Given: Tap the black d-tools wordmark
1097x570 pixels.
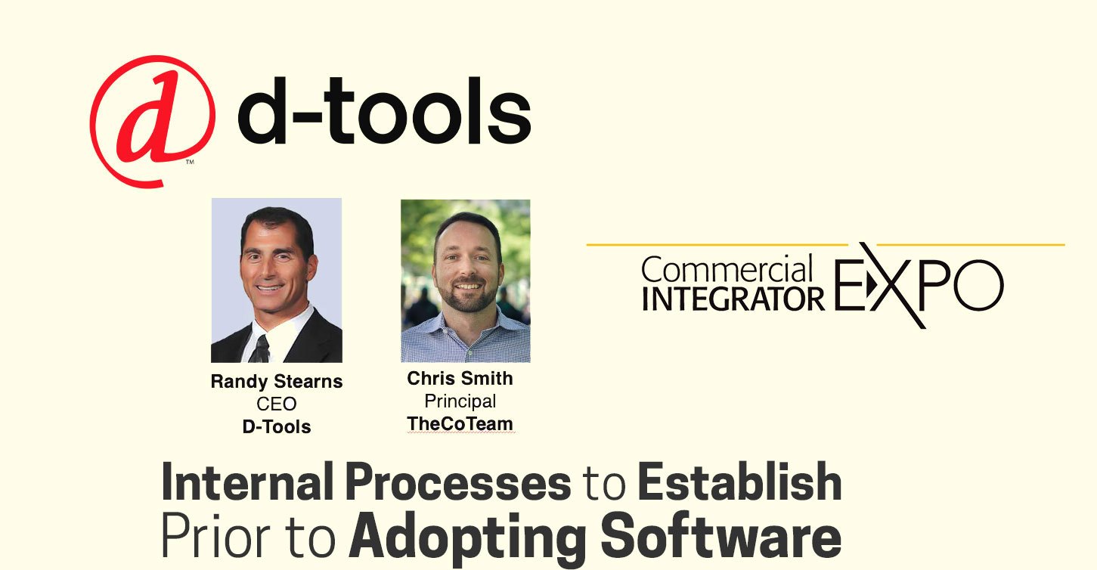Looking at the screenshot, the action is [384, 110].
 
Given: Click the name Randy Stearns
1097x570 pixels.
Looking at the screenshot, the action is [277, 382].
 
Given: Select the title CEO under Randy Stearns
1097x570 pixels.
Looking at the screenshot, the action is [277, 404].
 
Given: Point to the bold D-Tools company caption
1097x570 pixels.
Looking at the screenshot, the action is [277, 426].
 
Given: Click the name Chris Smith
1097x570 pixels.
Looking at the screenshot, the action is [460, 378].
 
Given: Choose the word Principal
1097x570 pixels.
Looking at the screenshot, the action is [460, 401].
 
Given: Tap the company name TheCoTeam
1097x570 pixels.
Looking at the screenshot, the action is [460, 423].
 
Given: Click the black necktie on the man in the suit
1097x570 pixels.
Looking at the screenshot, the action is [260, 349].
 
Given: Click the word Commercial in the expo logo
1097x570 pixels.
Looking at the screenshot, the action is [727, 269].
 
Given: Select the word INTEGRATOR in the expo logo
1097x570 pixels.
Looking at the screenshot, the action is [733, 299].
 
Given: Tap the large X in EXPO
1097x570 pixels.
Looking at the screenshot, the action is [892, 285].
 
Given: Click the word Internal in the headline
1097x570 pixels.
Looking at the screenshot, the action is [247, 482].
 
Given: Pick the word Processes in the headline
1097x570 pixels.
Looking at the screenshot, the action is [458, 482].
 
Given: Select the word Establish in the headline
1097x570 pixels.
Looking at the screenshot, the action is [739, 482].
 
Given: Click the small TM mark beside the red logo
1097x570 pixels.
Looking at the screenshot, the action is [190, 162].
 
